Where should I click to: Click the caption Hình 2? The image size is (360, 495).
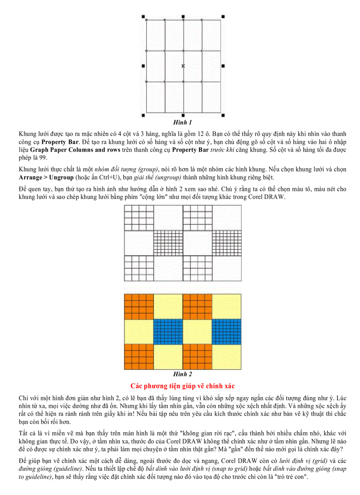(x=183, y=374)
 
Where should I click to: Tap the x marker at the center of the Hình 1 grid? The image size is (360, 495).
(x=183, y=66)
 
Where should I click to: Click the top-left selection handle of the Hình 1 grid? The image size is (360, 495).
(x=143, y=16)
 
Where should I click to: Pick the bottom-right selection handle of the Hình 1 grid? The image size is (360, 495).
(x=223, y=115)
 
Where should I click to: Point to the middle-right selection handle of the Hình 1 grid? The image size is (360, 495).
(x=223, y=66)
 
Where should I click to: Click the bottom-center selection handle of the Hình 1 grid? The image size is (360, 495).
(x=183, y=115)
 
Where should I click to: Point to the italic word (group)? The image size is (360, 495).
(x=147, y=169)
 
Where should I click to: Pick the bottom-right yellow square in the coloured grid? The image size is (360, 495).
(x=226, y=357)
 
